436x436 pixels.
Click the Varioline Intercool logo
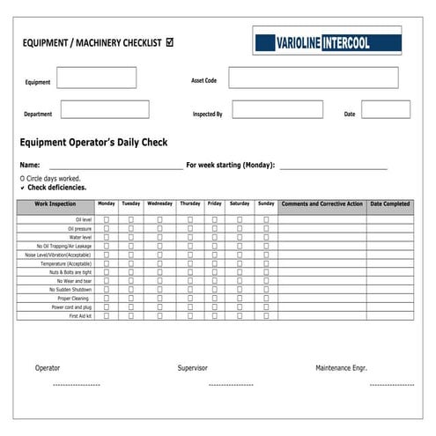pyautogui.click(x=325, y=41)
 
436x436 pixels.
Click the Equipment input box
pyautogui.click(x=96, y=78)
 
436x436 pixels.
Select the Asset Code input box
pyautogui.click(x=314, y=78)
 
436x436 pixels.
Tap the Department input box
pyautogui.click(x=105, y=110)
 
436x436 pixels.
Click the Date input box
pyautogui.click(x=385, y=110)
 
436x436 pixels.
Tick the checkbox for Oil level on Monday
pyautogui.click(x=106, y=219)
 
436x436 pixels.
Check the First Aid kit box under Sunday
pyautogui.click(x=266, y=315)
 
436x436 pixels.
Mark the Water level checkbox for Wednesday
pyautogui.click(x=159, y=237)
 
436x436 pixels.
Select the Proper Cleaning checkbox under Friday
pyautogui.click(x=214, y=298)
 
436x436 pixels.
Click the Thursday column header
pyautogui.click(x=189, y=204)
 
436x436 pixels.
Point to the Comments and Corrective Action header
pyautogui.click(x=321, y=204)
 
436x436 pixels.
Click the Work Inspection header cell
pyautogui.click(x=55, y=204)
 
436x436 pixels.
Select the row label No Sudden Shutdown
pyautogui.click(x=70, y=289)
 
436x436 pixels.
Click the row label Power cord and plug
pyautogui.click(x=71, y=307)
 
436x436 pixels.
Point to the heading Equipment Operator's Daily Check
pyautogui.click(x=93, y=142)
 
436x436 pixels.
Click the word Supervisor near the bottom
pyautogui.click(x=192, y=367)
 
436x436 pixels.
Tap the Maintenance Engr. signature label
pyautogui.click(x=341, y=367)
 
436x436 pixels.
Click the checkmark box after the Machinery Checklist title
pyautogui.click(x=169, y=41)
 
